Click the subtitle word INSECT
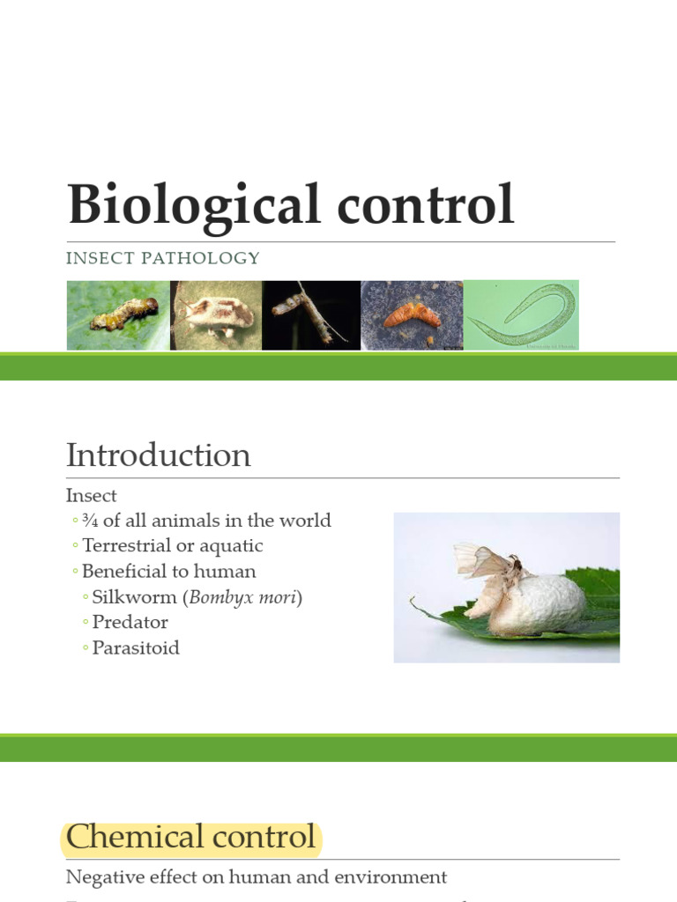(x=98, y=258)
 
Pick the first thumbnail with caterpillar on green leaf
(x=118, y=315)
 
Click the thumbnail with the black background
(x=311, y=315)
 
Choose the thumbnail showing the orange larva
(x=412, y=315)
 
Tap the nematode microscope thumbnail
(x=522, y=315)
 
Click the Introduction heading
(x=159, y=455)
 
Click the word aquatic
(x=231, y=546)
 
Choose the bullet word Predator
(x=130, y=622)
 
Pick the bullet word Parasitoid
(x=136, y=647)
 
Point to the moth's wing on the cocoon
(x=480, y=562)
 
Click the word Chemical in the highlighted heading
(x=128, y=836)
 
